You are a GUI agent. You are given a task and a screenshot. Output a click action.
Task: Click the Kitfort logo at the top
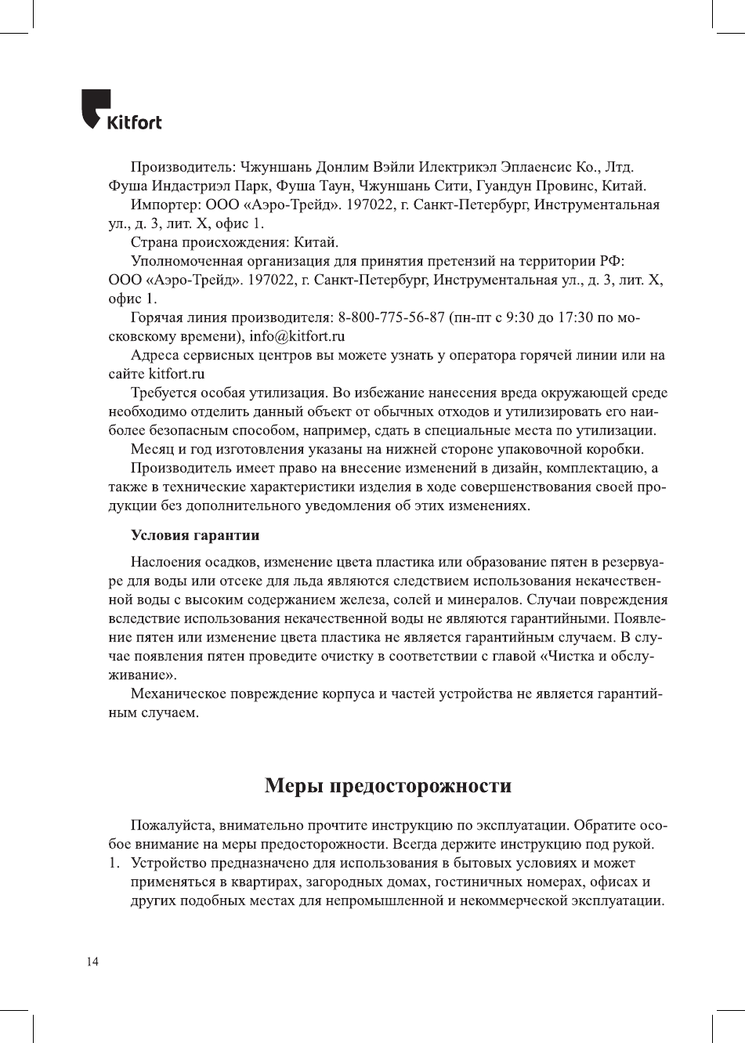[x=121, y=110]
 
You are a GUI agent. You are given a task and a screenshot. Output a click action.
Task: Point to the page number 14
[x=92, y=962]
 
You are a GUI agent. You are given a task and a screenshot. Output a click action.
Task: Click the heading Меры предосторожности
[x=388, y=785]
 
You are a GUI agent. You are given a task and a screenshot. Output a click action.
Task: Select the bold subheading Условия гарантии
[x=195, y=535]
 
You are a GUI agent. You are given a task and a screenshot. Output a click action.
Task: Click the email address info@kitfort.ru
[x=298, y=336]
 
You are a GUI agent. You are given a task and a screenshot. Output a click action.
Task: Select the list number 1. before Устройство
[x=114, y=863]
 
